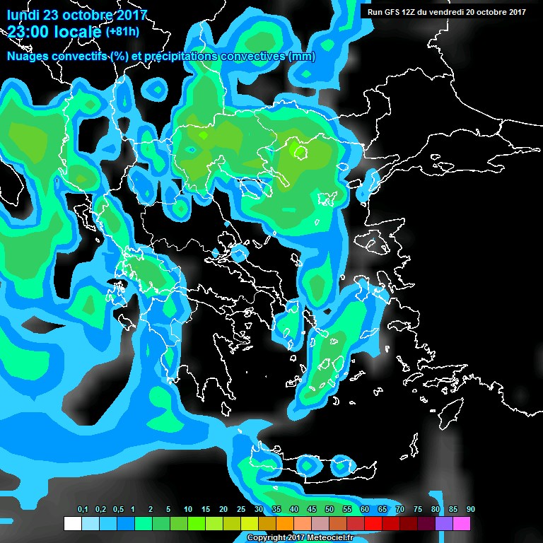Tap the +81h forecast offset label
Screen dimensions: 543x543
click(122, 32)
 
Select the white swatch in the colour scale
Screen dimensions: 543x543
click(72, 524)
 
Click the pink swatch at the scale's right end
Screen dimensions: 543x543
click(462, 524)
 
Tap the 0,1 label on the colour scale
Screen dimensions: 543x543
click(82, 510)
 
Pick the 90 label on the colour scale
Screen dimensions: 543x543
click(471, 510)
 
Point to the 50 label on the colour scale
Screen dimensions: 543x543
click(329, 510)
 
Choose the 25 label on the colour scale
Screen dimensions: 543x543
click(241, 510)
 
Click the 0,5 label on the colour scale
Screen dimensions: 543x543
click(117, 510)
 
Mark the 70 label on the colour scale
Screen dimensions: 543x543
click(400, 510)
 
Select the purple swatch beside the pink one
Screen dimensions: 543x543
click(444, 524)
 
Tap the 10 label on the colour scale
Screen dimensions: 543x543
click(188, 510)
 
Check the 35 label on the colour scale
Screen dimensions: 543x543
click(276, 510)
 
